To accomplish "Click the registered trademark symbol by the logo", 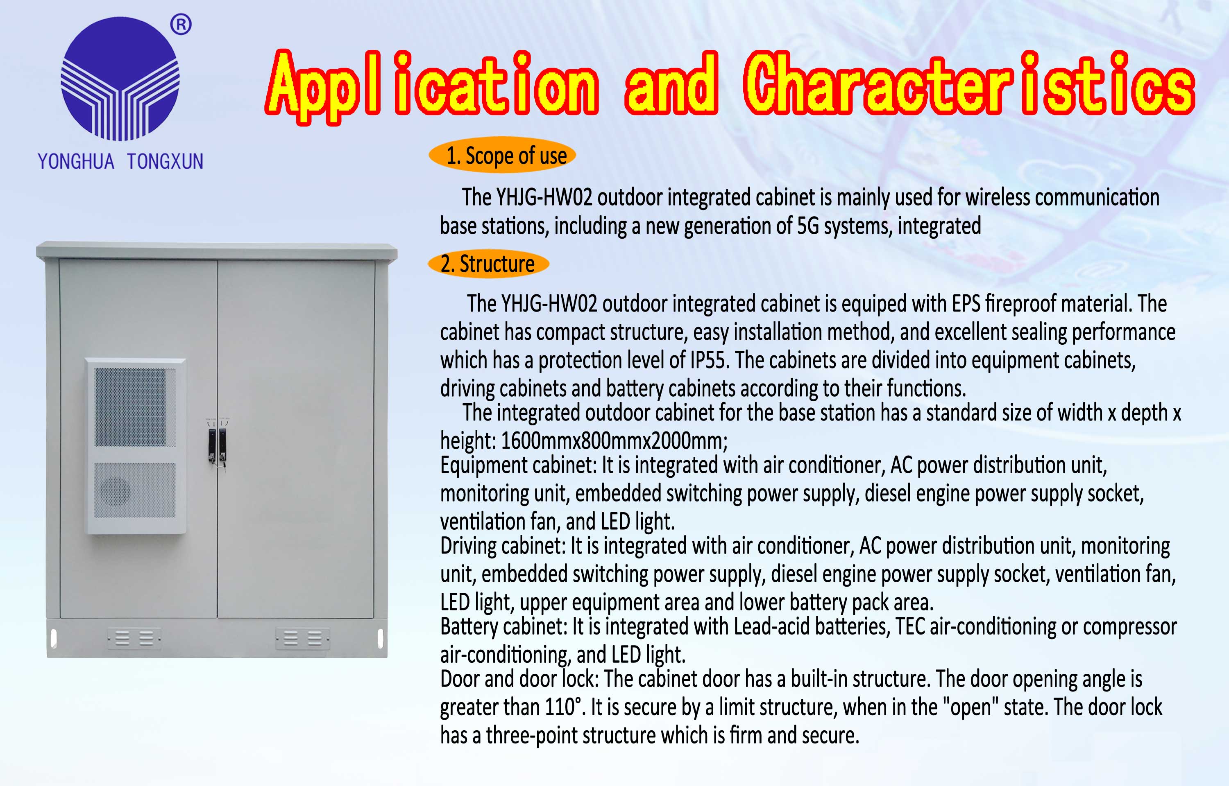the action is pyautogui.click(x=181, y=25).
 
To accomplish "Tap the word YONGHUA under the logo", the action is pyautogui.click(x=76, y=161).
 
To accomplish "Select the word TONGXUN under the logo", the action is pyautogui.click(x=166, y=161).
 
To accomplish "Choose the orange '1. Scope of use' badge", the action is pyautogui.click(x=502, y=155).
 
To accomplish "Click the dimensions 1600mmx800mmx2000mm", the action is pyautogui.click(x=614, y=440).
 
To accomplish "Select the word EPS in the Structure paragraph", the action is pyautogui.click(x=966, y=304).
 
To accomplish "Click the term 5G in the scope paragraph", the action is pyautogui.click(x=808, y=226).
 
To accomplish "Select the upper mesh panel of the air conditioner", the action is pyautogui.click(x=135, y=407).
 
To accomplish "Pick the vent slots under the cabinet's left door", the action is pyautogui.click(x=134, y=638).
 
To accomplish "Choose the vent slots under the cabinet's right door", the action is pyautogui.click(x=303, y=638).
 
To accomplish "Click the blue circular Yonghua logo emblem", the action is pyautogui.click(x=120, y=79).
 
